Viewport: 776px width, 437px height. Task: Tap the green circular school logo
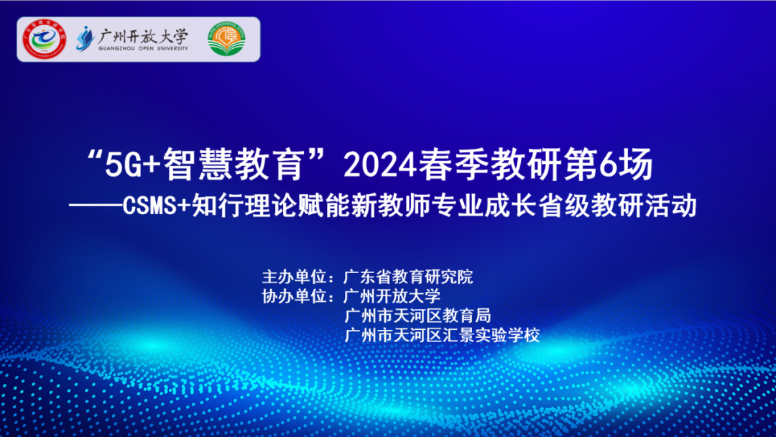click(x=227, y=40)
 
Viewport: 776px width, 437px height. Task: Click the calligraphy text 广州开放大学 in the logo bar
click(x=143, y=34)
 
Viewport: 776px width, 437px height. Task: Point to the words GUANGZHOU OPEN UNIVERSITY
click(x=143, y=48)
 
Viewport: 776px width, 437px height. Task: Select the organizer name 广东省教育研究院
click(x=409, y=277)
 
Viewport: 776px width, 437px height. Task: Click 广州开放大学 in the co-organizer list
click(x=392, y=296)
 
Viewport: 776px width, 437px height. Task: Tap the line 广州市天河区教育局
click(x=417, y=316)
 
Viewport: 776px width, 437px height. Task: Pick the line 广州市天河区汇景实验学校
click(x=442, y=335)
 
